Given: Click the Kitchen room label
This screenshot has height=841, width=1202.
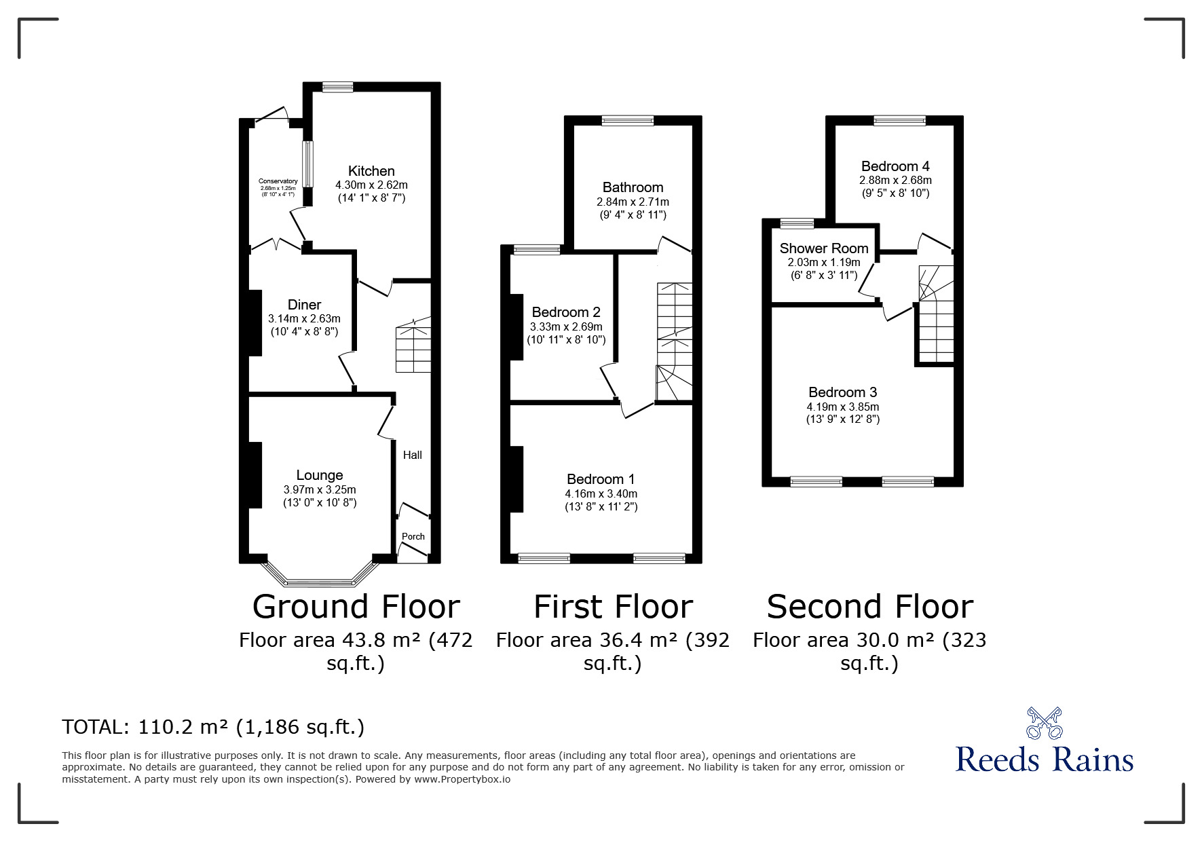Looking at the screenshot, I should pyautogui.click(x=371, y=171).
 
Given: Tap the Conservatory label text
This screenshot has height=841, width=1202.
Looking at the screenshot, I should pyautogui.click(x=278, y=181).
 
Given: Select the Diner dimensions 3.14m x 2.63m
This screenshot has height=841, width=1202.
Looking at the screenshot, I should pyautogui.click(x=304, y=318).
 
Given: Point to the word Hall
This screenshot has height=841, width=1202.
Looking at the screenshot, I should pyautogui.click(x=412, y=455).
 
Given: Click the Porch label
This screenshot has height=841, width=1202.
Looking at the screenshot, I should pyautogui.click(x=413, y=536).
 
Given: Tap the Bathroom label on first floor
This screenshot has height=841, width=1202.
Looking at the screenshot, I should pyautogui.click(x=633, y=187).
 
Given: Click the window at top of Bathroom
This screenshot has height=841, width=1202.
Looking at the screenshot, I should pyautogui.click(x=627, y=121).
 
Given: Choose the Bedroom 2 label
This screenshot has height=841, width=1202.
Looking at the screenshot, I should pyautogui.click(x=565, y=312).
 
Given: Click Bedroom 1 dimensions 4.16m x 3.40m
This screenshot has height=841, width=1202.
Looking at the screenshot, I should pyautogui.click(x=601, y=493).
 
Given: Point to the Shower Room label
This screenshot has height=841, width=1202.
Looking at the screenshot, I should pyautogui.click(x=823, y=248).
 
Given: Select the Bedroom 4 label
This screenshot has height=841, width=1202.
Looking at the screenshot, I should pyautogui.click(x=895, y=166).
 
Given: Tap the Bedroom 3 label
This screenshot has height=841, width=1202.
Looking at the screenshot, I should pyautogui.click(x=842, y=392).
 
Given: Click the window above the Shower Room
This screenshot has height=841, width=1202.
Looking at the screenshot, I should pyautogui.click(x=797, y=223).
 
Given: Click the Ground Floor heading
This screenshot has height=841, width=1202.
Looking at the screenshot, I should pyautogui.click(x=356, y=607).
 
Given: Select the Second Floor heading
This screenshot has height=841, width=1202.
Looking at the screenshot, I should pyautogui.click(x=869, y=607).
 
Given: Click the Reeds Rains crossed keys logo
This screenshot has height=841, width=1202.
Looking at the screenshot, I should pyautogui.click(x=1044, y=724).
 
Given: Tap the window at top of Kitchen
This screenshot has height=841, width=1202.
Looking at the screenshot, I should pyautogui.click(x=337, y=87).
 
